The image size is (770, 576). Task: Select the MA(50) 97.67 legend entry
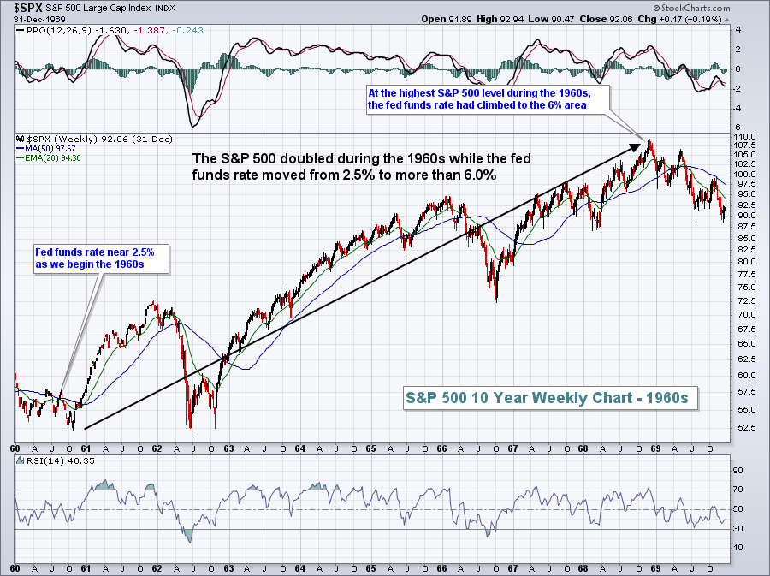click(45, 146)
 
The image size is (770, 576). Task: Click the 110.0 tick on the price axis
click(746, 136)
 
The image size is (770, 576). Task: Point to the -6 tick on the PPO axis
click(738, 127)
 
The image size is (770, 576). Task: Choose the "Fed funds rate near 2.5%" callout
click(102, 258)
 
